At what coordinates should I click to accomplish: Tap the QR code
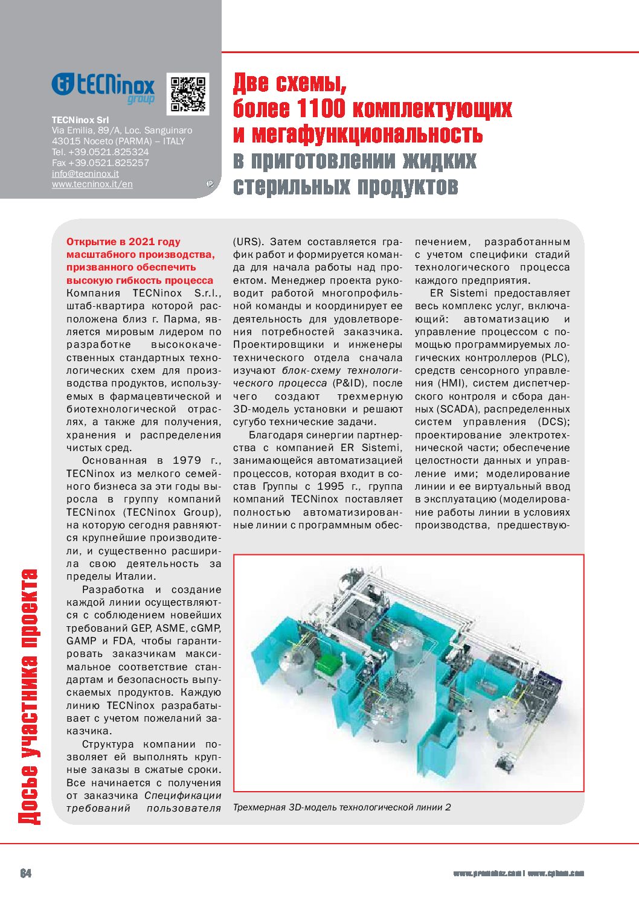click(188, 94)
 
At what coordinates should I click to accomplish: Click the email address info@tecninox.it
click(85, 174)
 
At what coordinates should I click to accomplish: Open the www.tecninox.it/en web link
click(92, 185)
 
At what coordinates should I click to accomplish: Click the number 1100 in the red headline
click(321, 109)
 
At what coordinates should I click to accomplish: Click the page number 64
click(26, 873)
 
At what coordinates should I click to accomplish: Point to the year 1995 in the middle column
click(330, 487)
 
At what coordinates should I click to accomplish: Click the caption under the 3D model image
click(342, 807)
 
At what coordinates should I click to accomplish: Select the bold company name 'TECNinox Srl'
click(80, 120)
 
